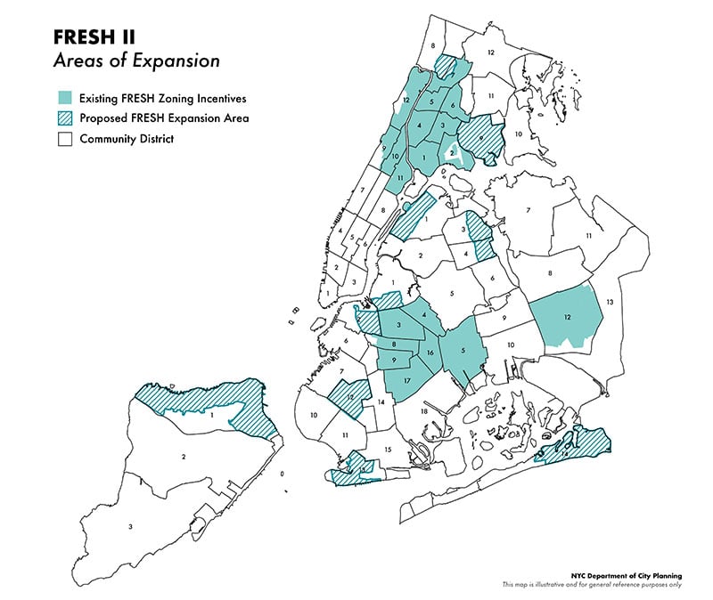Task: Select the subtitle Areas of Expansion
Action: [x=135, y=63]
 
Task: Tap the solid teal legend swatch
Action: [x=64, y=98]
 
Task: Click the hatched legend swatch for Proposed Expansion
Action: [x=64, y=118]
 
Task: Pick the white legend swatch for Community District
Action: [x=64, y=139]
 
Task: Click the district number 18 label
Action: [x=424, y=413]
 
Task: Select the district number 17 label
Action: [x=406, y=382]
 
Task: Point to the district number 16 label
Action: [x=430, y=353]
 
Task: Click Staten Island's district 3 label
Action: [x=131, y=527]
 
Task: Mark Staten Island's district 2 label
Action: [x=183, y=457]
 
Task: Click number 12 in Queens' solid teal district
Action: [x=566, y=317]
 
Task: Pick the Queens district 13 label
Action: [x=610, y=303]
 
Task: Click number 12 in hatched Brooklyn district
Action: [x=350, y=397]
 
